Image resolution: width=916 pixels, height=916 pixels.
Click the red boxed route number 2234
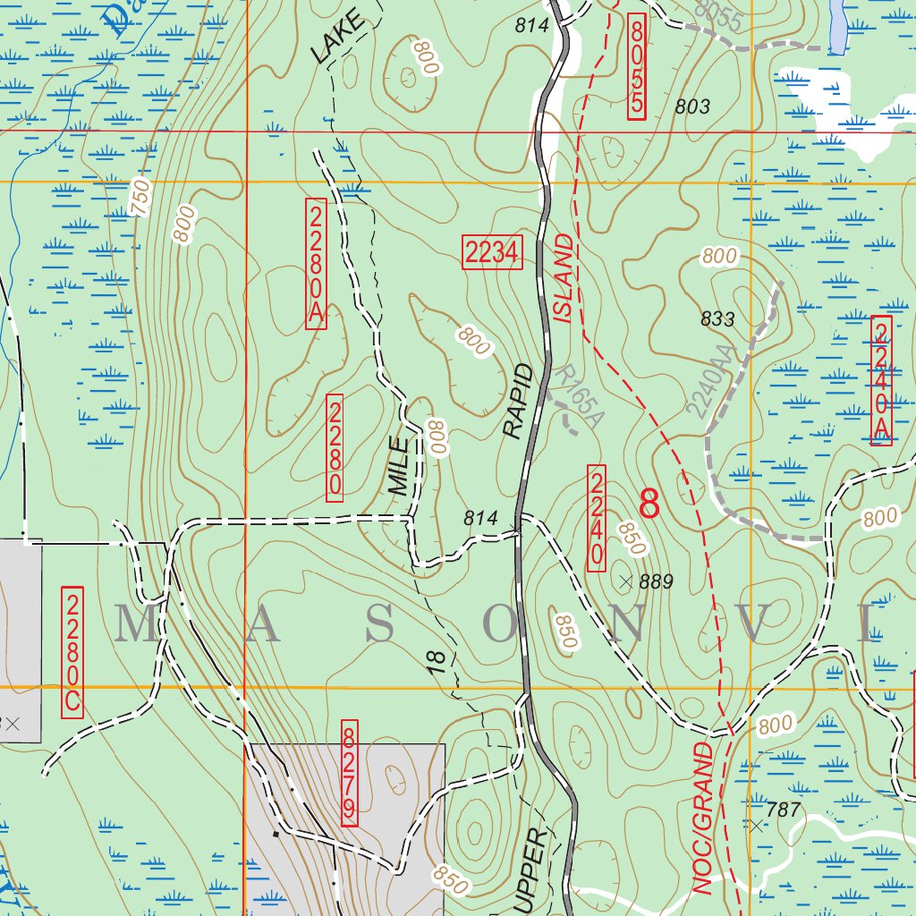point(492,254)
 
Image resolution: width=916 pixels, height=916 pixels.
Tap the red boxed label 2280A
point(316,264)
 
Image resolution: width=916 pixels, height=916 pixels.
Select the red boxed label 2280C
point(72,652)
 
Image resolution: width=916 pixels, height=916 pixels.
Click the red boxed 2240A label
point(881,380)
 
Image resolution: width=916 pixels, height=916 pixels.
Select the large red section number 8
point(649,505)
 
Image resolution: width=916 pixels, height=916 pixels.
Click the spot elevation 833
point(717,319)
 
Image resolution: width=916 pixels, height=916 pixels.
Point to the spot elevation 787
point(782,810)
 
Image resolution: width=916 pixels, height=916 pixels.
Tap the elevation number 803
point(692,107)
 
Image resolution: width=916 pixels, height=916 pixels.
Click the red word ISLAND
point(563,277)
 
